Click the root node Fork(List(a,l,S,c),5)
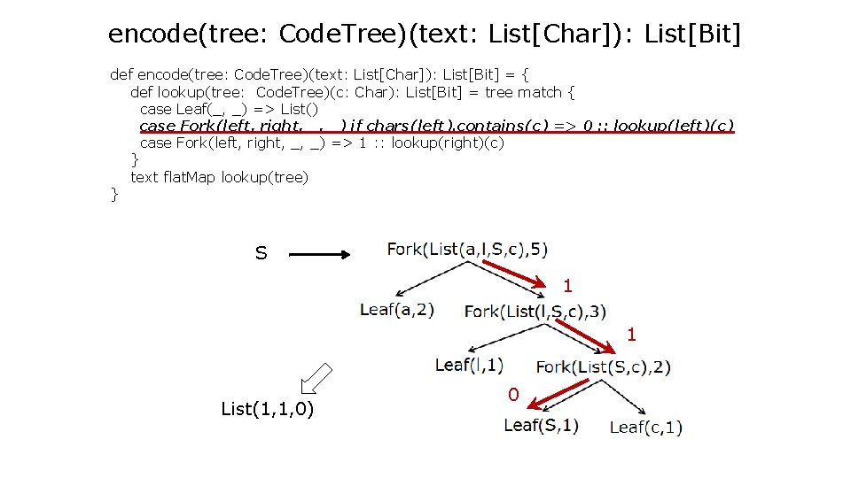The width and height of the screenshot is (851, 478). [x=467, y=249]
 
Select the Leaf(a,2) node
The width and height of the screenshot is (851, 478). [x=396, y=310]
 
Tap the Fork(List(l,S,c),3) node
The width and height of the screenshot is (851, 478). [x=535, y=311]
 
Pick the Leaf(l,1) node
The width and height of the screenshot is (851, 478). [x=470, y=364]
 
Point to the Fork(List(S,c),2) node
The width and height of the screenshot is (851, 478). [x=603, y=366]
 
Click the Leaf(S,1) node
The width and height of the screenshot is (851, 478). [x=541, y=425]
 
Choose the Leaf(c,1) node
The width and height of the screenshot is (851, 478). [x=645, y=428]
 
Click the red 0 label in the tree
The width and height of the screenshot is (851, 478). [x=513, y=395]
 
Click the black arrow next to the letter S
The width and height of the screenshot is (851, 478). [x=321, y=255]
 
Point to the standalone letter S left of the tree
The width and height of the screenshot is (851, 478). [x=261, y=254]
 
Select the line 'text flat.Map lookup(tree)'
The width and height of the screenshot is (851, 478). [x=219, y=177]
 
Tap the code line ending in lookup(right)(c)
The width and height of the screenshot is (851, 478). [x=322, y=143]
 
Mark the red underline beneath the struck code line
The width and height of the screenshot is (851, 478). [x=437, y=132]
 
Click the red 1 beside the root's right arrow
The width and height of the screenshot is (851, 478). [x=567, y=286]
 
